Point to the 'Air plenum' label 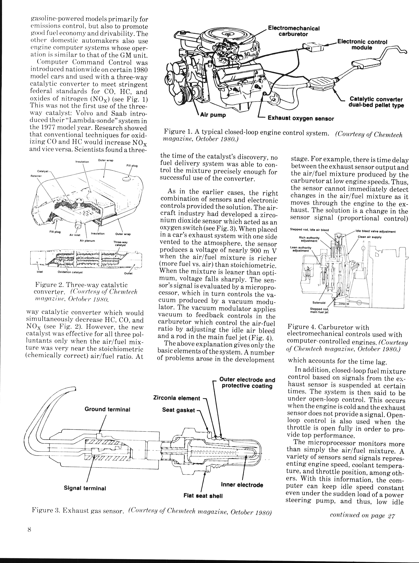coord(87,241)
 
